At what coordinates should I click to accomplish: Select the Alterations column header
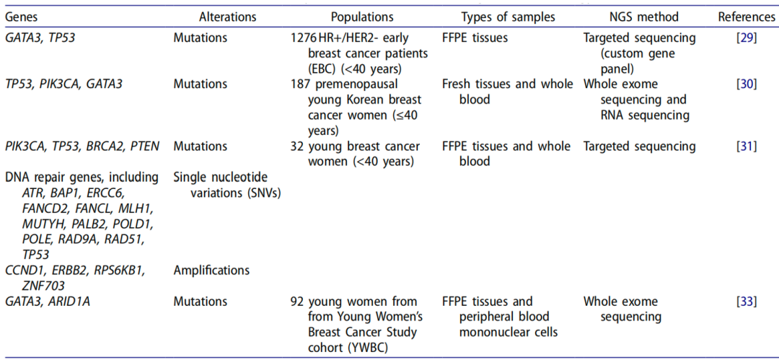pyautogui.click(x=228, y=17)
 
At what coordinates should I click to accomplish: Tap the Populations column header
pyautogui.click(x=362, y=17)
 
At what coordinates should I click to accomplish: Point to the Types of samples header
pyautogui.click(x=508, y=17)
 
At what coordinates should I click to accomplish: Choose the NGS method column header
pyautogui.click(x=644, y=17)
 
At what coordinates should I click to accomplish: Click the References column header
pyautogui.click(x=747, y=17)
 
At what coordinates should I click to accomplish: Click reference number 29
pyautogui.click(x=747, y=38)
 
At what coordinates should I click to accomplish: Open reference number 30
pyautogui.click(x=747, y=84)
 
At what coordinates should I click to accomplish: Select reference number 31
pyautogui.click(x=747, y=146)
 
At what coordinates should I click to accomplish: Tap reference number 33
pyautogui.click(x=747, y=302)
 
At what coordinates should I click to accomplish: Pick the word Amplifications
pyautogui.click(x=211, y=270)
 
